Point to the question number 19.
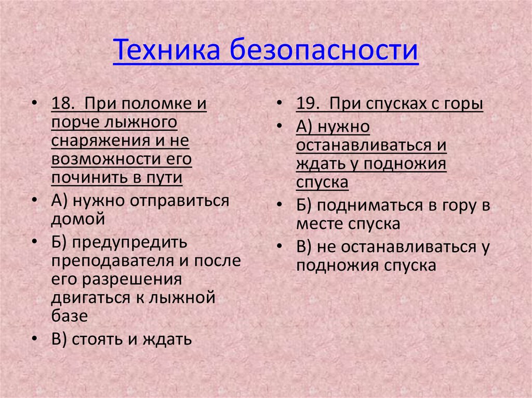[307, 104]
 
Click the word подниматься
[369, 205]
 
